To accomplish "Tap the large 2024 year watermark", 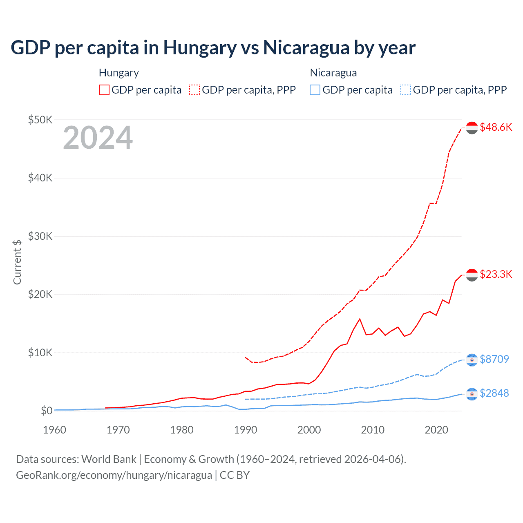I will (98, 138).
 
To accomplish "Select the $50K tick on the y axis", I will (40, 120).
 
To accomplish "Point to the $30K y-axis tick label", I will (40, 236).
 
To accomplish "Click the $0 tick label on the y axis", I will (46, 411).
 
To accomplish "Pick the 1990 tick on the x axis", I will (246, 430).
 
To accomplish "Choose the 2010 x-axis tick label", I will (373, 430).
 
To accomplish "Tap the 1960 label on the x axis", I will (54, 430).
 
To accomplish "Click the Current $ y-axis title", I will (17, 262).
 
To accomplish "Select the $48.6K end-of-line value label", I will (496, 127).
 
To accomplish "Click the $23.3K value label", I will (496, 274).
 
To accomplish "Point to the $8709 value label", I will (494, 359).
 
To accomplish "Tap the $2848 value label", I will (494, 393).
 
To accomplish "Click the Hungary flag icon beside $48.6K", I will (472, 128).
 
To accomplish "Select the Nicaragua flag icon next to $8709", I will (472, 360).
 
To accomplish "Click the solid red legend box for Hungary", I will (104, 90).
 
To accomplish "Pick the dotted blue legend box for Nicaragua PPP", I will (406, 90).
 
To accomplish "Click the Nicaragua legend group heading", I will (333, 73).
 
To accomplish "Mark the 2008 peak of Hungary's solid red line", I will (360, 319).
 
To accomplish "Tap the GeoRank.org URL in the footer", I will (114, 475).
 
